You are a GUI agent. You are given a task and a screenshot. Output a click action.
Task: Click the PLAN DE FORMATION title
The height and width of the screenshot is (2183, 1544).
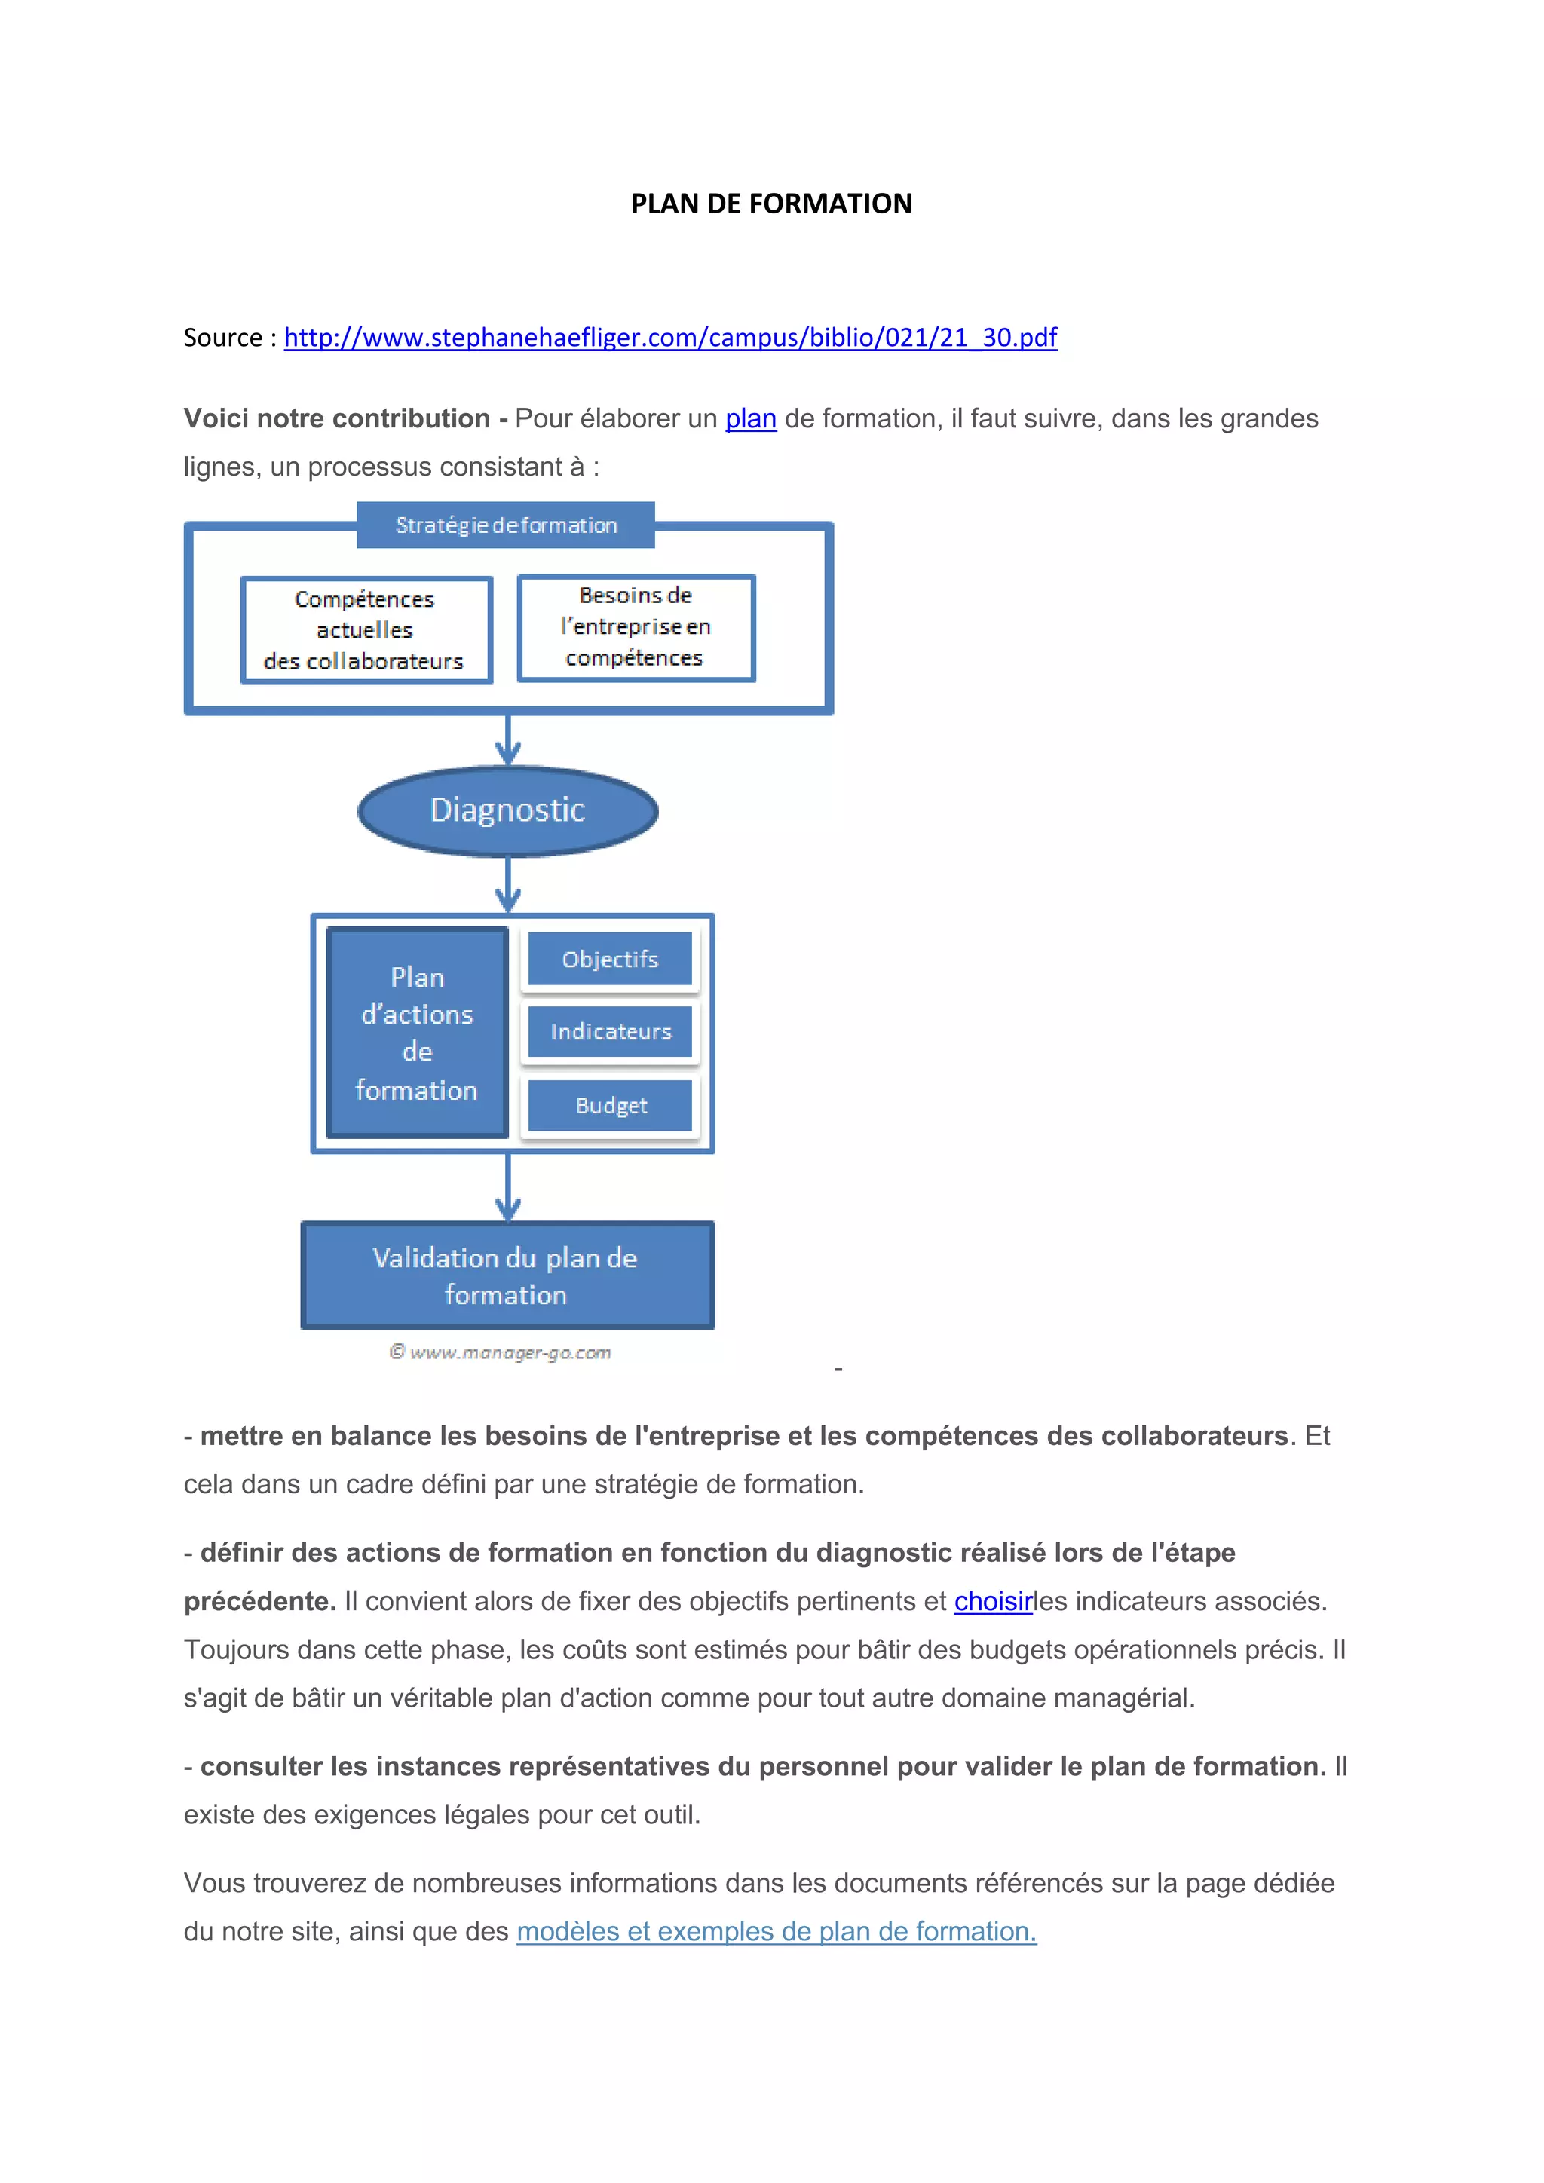pyautogui.click(x=771, y=204)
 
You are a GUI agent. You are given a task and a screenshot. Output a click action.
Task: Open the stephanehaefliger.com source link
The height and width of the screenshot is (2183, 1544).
pyautogui.click(x=669, y=338)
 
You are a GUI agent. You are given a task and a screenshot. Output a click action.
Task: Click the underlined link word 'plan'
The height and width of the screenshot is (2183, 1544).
pyautogui.click(x=750, y=418)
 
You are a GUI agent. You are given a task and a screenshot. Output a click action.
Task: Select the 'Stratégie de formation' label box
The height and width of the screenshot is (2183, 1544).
pyautogui.click(x=506, y=525)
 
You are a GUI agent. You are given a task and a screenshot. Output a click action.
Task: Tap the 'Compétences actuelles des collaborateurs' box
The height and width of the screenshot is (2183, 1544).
pyautogui.click(x=366, y=629)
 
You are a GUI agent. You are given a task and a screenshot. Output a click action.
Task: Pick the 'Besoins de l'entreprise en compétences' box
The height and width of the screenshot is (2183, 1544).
pyautogui.click(x=636, y=627)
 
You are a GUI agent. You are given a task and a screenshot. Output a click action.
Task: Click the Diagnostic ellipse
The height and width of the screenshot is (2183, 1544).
pyautogui.click(x=507, y=810)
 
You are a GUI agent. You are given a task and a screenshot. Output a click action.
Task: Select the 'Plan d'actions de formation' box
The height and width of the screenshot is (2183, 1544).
pyautogui.click(x=418, y=1033)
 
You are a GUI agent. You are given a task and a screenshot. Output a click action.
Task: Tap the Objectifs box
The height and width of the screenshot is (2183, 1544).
pyautogui.click(x=611, y=960)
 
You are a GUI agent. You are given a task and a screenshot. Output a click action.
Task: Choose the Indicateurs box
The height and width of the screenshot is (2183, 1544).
pyautogui.click(x=611, y=1032)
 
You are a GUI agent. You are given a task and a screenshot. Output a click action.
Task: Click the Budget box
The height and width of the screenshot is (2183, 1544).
pyautogui.click(x=611, y=1106)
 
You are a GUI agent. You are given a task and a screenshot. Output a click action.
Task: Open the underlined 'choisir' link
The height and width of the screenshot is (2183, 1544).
pyautogui.click(x=993, y=1601)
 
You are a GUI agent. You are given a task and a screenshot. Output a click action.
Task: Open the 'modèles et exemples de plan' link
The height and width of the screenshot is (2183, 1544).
pyautogui.click(x=776, y=1931)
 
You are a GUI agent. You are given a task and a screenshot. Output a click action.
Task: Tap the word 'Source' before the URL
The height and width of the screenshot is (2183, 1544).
pyautogui.click(x=222, y=338)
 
